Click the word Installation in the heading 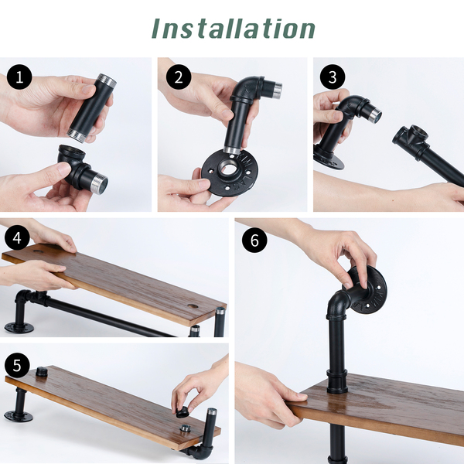click(x=234, y=29)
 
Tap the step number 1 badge click(x=19, y=77)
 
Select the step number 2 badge click(x=179, y=77)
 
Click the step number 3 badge click(x=333, y=77)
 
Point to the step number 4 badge click(x=17, y=237)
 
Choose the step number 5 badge click(x=17, y=366)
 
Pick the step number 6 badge click(x=254, y=240)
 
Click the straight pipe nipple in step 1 click(x=92, y=108)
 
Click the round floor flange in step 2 click(x=230, y=174)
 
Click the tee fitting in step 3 click(x=412, y=140)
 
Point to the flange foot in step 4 click(x=19, y=328)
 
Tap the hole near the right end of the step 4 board click(x=193, y=305)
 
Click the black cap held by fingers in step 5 click(x=183, y=412)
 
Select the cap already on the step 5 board click(x=43, y=371)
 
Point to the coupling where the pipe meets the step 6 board click(x=337, y=381)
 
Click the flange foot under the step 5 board click(x=19, y=416)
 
